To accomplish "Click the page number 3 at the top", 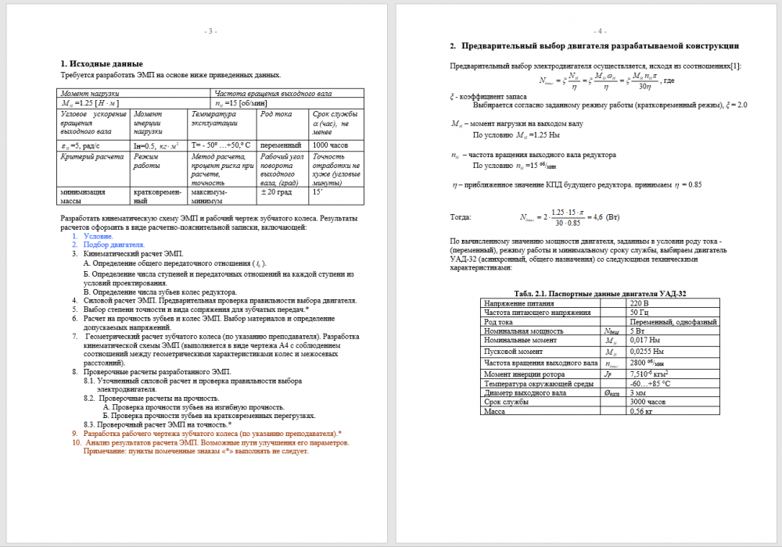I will (210, 31).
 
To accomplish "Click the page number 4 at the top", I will (601, 31).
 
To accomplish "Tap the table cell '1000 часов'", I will (331, 145).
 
